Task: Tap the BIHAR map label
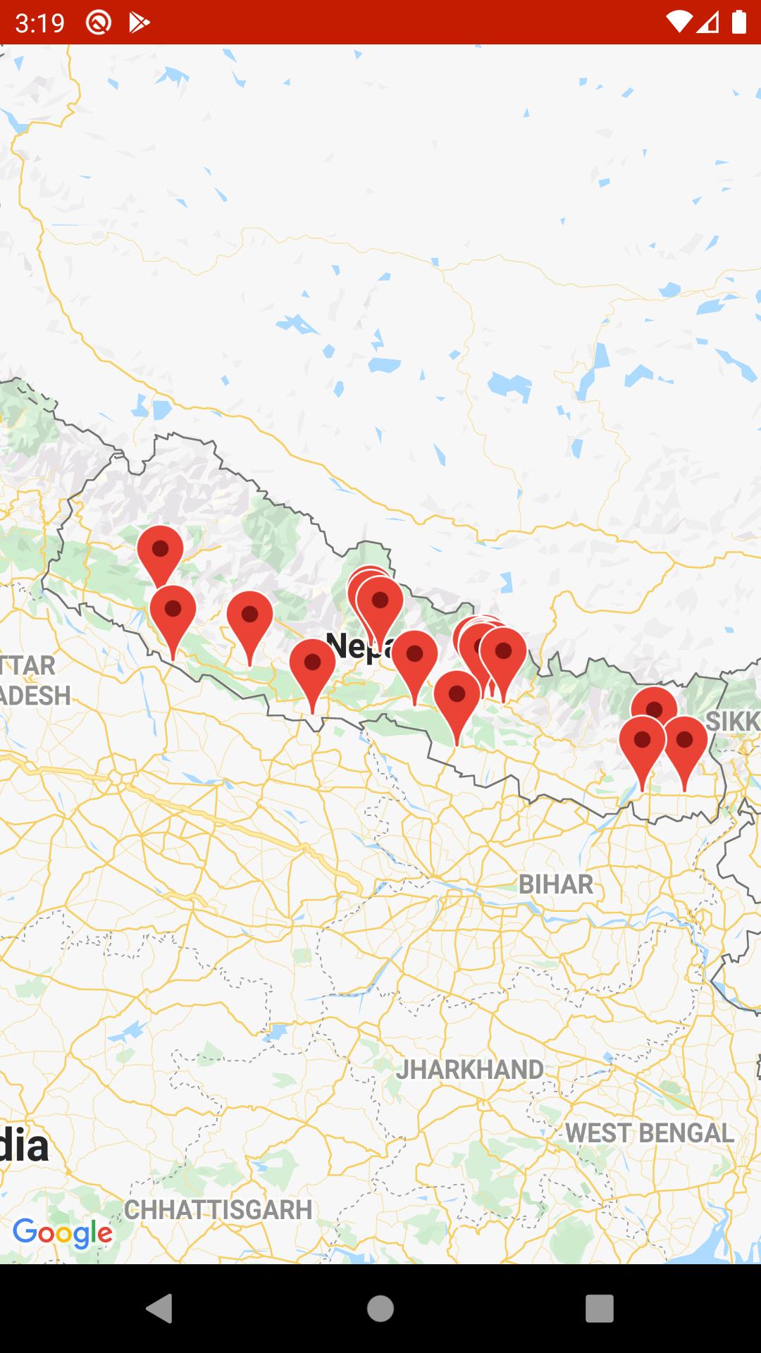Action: [x=556, y=884]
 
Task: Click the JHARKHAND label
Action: [x=469, y=1070]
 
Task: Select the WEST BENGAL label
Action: [x=650, y=1133]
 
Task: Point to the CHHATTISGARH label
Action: [x=218, y=1210]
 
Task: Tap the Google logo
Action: [x=63, y=1232]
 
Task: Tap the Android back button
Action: [x=159, y=1309]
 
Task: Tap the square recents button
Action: [x=599, y=1309]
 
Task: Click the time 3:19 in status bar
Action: [x=39, y=23]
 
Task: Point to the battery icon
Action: [x=738, y=22]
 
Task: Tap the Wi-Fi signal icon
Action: [x=678, y=22]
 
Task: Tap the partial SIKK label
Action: [x=733, y=721]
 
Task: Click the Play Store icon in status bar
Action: [x=139, y=23]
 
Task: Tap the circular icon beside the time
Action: [x=99, y=23]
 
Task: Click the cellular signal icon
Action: [x=708, y=22]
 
